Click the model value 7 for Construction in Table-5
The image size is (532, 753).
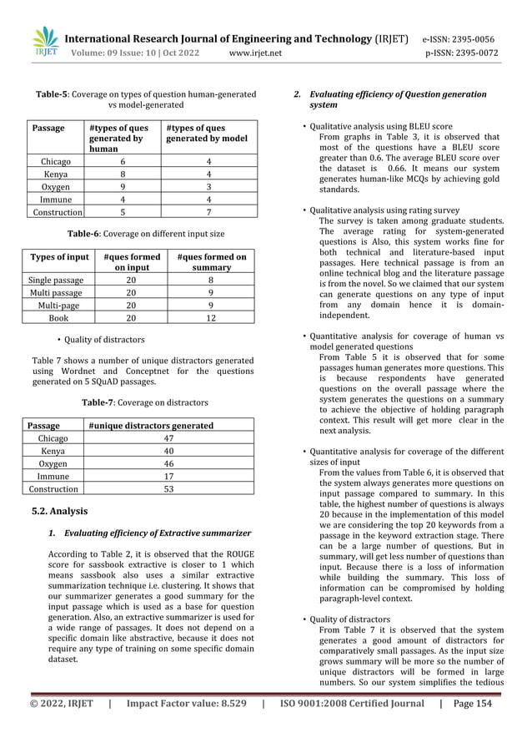207,214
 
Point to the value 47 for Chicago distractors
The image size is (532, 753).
168,437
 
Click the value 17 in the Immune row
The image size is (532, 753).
168,476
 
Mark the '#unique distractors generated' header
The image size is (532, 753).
151,425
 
